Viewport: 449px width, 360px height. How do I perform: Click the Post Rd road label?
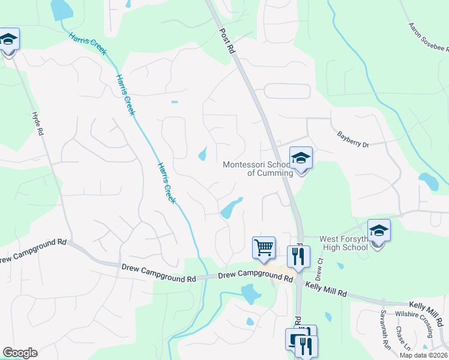tap(226, 41)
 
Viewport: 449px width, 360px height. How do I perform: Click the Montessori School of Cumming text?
tap(258, 169)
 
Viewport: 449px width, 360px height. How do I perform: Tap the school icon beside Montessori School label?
tap(301, 159)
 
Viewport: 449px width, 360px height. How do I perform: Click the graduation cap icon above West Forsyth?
tap(379, 231)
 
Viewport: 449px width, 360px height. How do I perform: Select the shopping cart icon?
tap(264, 247)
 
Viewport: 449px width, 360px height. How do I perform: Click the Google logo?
tap(20, 353)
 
